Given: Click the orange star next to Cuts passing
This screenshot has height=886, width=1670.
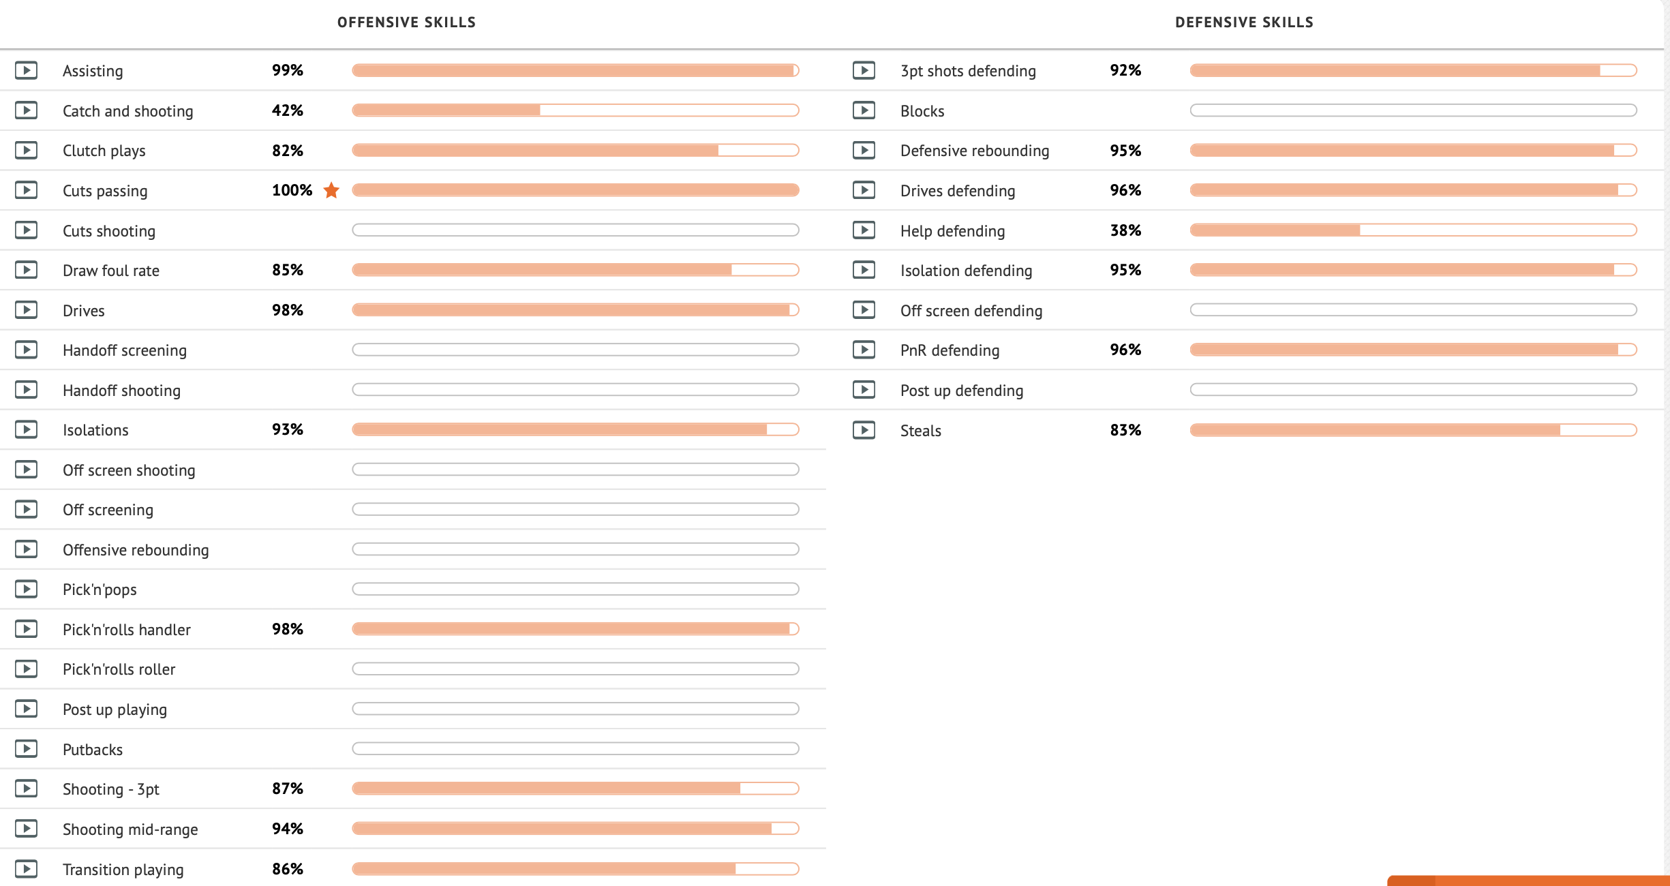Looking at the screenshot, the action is (331, 190).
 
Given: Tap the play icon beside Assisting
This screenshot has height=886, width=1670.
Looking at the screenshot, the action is (27, 70).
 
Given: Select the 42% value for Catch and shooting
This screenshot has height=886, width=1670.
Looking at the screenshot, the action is (288, 110).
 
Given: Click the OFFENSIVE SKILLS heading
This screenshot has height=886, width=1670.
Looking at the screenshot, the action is (407, 22).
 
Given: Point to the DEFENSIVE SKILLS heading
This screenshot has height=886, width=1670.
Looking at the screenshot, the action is (1244, 22).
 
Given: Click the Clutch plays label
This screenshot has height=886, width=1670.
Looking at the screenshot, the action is (104, 151).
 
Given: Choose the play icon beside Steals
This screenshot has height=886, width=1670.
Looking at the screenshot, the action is (864, 430).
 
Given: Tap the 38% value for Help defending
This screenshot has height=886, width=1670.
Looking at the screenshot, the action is (1125, 230).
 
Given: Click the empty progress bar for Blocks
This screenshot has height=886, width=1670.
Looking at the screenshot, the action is (1413, 110).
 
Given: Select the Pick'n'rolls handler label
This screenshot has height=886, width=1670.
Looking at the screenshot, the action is (127, 630).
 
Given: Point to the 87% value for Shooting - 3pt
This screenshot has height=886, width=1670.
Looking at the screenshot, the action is (288, 789).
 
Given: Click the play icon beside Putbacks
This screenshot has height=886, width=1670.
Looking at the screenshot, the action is (27, 749).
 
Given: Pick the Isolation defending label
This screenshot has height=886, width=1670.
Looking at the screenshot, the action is (966, 271).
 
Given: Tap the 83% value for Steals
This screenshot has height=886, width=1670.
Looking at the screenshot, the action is (1125, 430).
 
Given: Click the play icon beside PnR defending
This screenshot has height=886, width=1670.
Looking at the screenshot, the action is (864, 350).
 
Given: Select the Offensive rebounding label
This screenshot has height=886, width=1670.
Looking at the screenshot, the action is (136, 550).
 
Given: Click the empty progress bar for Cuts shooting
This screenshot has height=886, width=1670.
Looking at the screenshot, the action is (575, 230).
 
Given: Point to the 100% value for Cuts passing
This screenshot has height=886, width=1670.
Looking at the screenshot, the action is (292, 190).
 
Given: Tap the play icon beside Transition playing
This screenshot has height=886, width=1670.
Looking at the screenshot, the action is (27, 869).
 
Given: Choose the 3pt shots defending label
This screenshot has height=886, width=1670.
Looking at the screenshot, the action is (968, 71).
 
